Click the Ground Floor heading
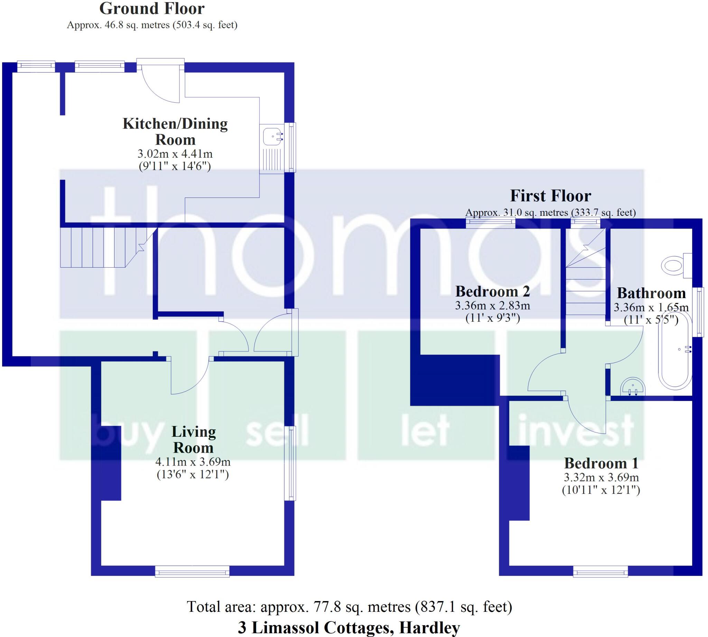pos(152,9)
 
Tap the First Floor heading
pos(550,196)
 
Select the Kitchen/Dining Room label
pos(175,132)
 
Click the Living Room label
pos(194,440)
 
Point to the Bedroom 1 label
pos(601,463)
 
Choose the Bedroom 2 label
pos(493,291)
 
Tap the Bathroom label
pos(651,293)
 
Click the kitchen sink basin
pos(273,136)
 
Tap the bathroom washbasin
pos(632,387)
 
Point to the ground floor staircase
pos(101,248)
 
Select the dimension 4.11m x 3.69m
pos(193,462)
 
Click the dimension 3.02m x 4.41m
pos(175,154)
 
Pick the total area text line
pos(350,607)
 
